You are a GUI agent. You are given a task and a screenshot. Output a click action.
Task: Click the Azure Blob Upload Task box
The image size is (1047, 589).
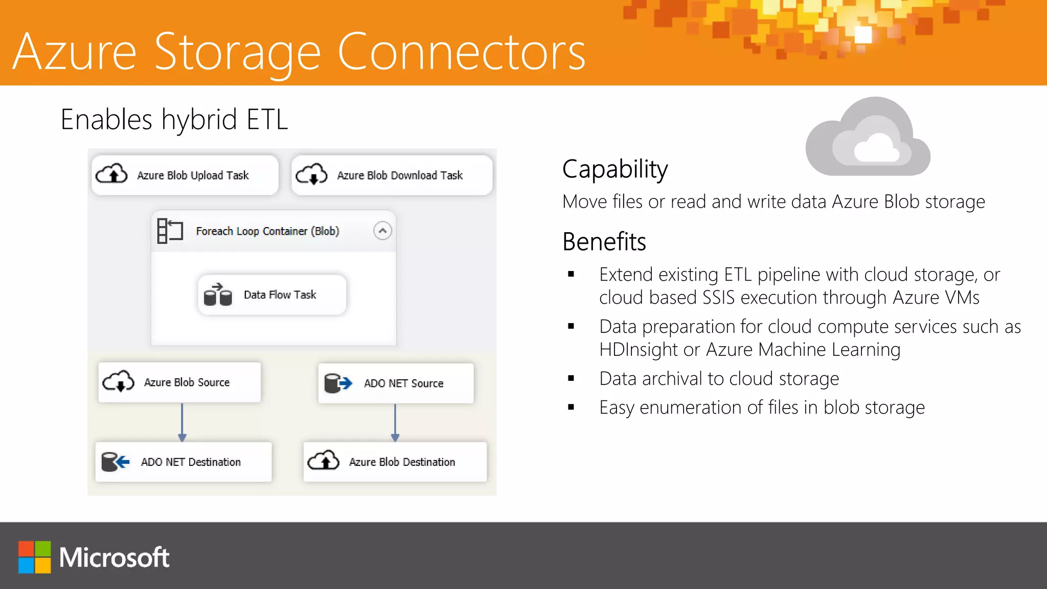185,175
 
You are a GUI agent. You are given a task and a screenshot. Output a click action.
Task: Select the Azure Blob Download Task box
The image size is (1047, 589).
392,175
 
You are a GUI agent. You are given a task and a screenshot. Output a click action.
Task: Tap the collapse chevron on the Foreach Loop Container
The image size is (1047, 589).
382,231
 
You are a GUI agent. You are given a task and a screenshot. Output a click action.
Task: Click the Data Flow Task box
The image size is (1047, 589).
272,295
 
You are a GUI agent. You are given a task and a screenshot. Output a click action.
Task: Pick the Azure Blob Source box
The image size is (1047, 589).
179,382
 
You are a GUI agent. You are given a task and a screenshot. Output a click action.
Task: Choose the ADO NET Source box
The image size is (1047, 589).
396,383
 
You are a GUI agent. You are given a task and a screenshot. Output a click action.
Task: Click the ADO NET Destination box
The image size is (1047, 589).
184,462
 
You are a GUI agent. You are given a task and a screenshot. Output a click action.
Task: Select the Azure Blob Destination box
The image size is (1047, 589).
395,462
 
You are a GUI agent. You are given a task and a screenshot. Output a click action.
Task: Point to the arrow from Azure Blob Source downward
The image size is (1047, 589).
182,422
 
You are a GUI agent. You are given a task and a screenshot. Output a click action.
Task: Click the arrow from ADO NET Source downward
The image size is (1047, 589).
395,422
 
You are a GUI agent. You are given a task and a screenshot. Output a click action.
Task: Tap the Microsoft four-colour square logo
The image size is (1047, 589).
35,557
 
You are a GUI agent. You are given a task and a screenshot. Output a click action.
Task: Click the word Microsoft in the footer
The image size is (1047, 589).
114,557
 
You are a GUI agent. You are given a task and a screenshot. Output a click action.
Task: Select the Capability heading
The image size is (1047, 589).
615,169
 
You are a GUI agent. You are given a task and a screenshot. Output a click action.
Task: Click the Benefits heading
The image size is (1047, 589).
604,242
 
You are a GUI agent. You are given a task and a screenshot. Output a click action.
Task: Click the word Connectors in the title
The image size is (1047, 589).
461,52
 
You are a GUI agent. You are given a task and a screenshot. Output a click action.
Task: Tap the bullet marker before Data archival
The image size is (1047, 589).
571,379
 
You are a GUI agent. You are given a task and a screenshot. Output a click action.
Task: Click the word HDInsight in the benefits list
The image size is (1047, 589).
638,350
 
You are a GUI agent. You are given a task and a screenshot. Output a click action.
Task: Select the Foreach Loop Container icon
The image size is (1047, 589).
170,231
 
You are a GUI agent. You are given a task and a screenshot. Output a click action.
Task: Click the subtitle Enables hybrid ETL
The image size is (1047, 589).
174,120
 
